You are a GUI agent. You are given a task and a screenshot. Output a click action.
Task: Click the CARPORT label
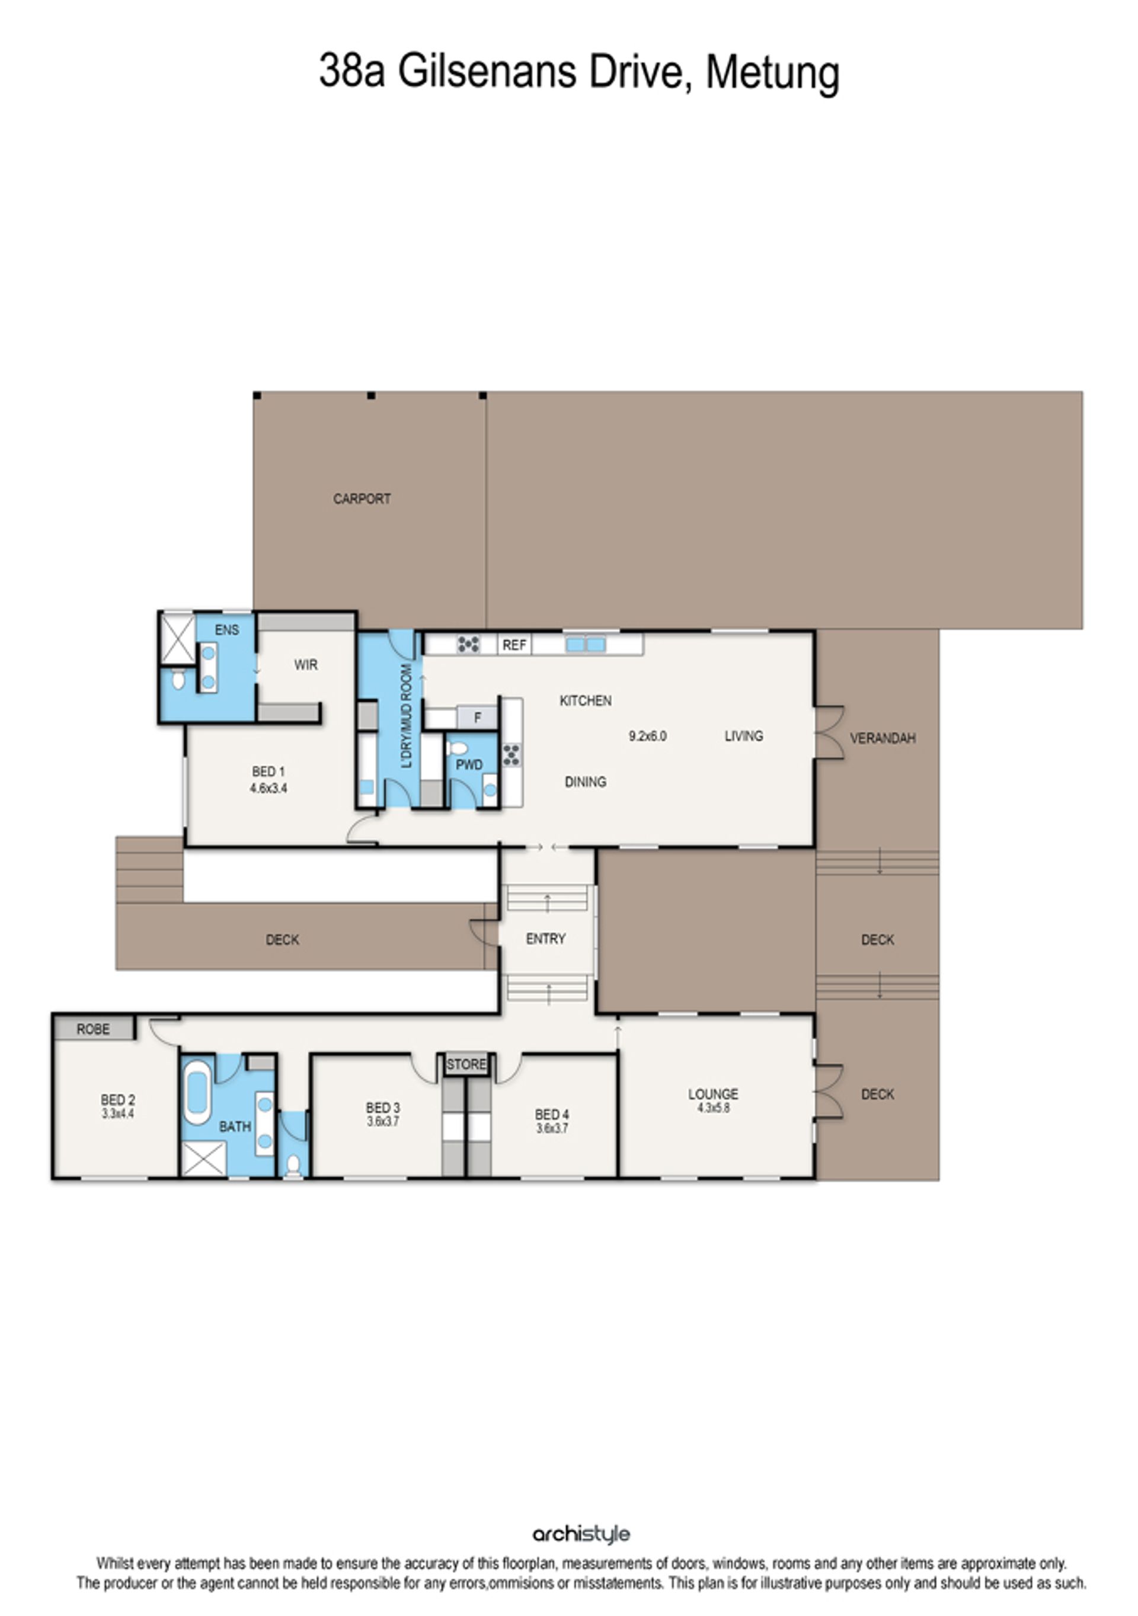tap(362, 498)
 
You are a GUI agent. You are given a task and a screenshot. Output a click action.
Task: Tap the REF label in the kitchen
tap(514, 645)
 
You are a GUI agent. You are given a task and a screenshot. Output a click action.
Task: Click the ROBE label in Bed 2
tap(93, 1029)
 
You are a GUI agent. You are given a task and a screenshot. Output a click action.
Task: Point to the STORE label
tap(466, 1064)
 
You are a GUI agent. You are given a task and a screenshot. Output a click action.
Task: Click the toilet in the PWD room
tap(458, 748)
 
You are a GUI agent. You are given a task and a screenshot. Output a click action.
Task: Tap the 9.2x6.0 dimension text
tap(647, 736)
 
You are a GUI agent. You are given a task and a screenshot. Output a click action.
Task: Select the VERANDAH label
tap(883, 738)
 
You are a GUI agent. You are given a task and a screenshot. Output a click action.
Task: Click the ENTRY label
tap(545, 938)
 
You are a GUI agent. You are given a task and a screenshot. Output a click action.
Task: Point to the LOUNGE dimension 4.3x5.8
tap(713, 1108)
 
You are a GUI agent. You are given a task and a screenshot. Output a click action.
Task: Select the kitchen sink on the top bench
tap(585, 644)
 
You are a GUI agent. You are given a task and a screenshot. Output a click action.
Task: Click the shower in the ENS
tap(177, 638)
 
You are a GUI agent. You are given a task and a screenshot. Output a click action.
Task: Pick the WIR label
tap(305, 664)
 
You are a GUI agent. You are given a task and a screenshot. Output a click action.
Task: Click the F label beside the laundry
tap(477, 718)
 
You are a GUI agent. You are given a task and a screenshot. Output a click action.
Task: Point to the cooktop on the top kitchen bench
tap(468, 644)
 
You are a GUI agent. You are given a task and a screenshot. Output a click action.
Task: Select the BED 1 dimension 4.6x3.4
tap(268, 788)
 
